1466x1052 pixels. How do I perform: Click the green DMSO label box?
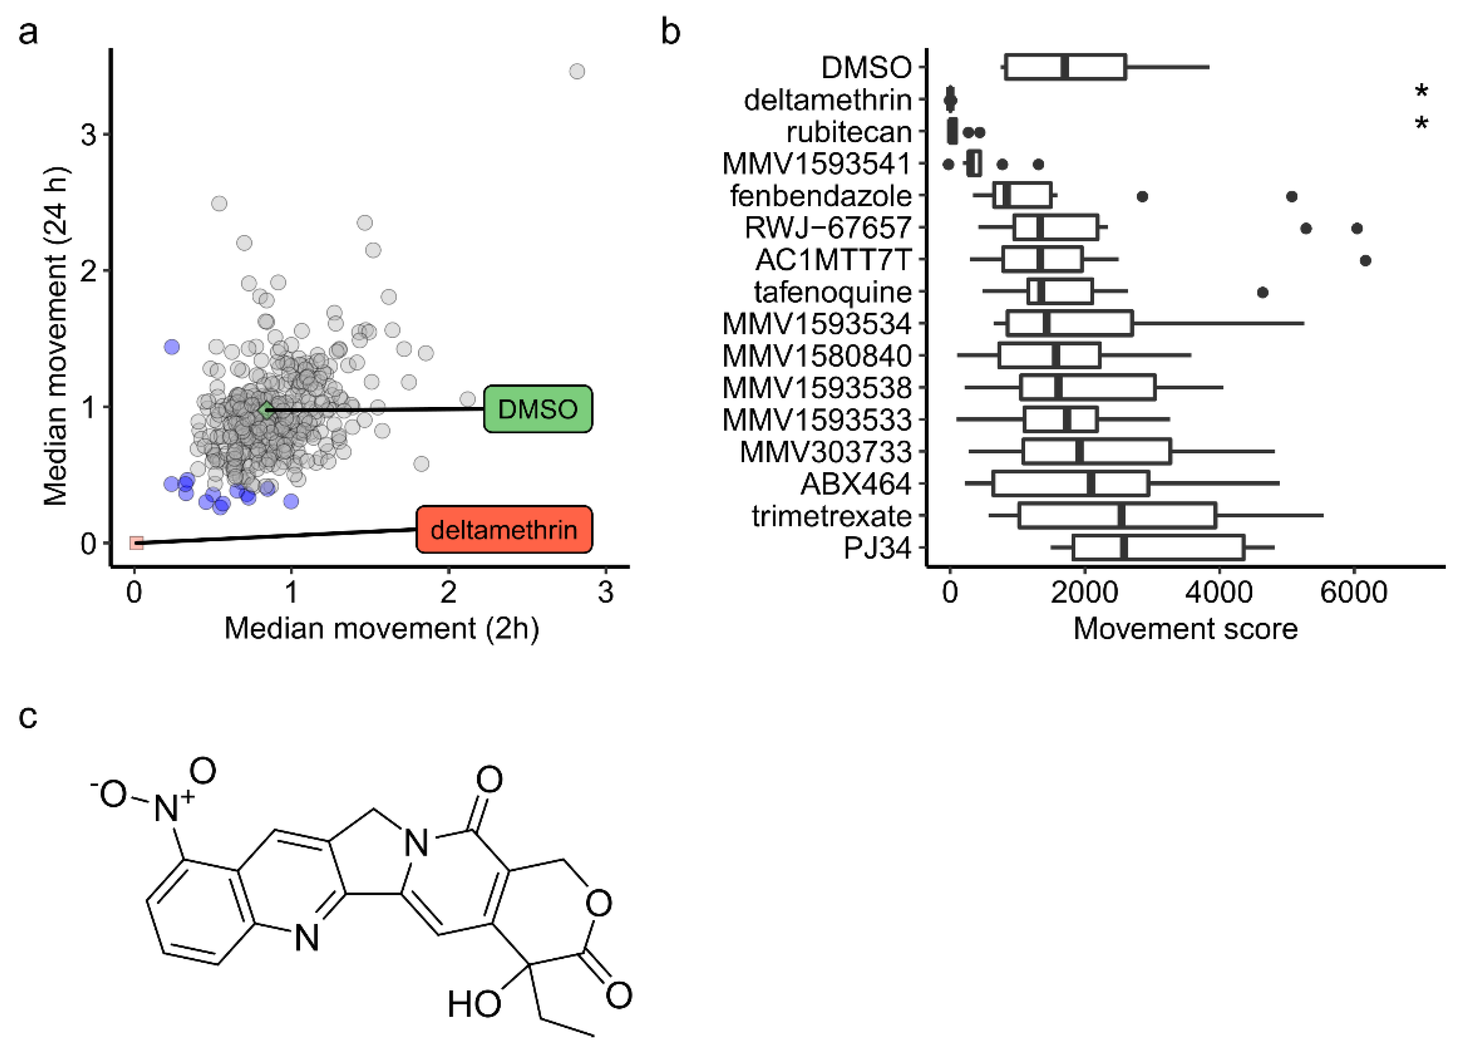coord(538,409)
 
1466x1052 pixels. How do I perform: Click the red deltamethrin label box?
coord(503,530)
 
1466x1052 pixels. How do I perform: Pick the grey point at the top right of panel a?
coord(576,71)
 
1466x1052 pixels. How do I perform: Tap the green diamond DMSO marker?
coord(266,409)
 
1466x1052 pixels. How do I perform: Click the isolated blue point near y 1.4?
coord(171,347)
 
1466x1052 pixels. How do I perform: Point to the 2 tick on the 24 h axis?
coord(89,270)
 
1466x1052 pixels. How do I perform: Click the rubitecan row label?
coord(848,132)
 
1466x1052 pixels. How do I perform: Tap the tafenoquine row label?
coord(832,292)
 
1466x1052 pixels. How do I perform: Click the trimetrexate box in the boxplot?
coord(1117,516)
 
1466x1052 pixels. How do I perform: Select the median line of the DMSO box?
coord(1065,67)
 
